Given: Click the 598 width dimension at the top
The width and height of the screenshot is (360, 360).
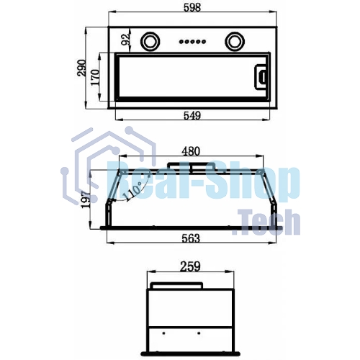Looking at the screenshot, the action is pyautogui.click(x=192, y=7).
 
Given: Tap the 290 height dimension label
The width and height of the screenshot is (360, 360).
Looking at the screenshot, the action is pyautogui.click(x=81, y=68).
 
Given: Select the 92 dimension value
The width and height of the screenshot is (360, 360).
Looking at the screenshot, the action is pyautogui.click(x=126, y=40).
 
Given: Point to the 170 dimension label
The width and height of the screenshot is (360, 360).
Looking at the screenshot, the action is pyautogui.click(x=95, y=77).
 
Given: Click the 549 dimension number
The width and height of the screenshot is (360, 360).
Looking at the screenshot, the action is pyautogui.click(x=192, y=116).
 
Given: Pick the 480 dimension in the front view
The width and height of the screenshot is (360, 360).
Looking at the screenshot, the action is pyautogui.click(x=191, y=151).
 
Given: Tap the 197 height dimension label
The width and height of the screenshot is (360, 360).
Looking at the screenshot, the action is pyautogui.click(x=86, y=199).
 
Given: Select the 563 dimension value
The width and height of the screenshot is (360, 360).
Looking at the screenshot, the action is pyautogui.click(x=191, y=238).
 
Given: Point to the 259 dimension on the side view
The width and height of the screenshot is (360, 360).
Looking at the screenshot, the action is pyautogui.click(x=190, y=266).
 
